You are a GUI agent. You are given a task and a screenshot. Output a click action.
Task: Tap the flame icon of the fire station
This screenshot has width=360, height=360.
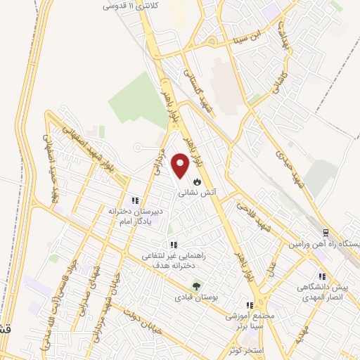pyautogui.click(x=196, y=181)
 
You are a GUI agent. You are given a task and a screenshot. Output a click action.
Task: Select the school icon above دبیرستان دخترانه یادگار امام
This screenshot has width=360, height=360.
pyautogui.click(x=134, y=201)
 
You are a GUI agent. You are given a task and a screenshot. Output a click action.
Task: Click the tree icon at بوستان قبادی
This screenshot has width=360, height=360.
pyautogui.click(x=196, y=286)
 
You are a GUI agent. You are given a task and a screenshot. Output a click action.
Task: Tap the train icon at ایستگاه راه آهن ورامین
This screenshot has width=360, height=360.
pyautogui.click(x=325, y=232)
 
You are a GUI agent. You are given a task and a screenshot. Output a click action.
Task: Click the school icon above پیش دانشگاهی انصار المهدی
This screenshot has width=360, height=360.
pyautogui.click(x=322, y=277)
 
